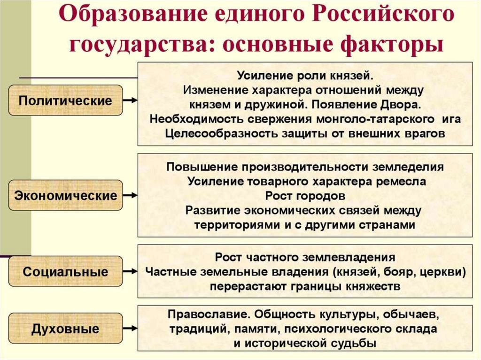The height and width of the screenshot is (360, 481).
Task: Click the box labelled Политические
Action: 65,100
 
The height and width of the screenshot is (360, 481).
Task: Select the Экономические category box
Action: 65,195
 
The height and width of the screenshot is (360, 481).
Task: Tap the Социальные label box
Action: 65,271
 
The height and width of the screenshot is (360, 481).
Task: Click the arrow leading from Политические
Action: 130,100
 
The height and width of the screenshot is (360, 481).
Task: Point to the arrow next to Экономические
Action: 130,195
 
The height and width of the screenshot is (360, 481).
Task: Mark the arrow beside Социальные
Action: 130,271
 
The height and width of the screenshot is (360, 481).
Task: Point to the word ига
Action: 450,118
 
